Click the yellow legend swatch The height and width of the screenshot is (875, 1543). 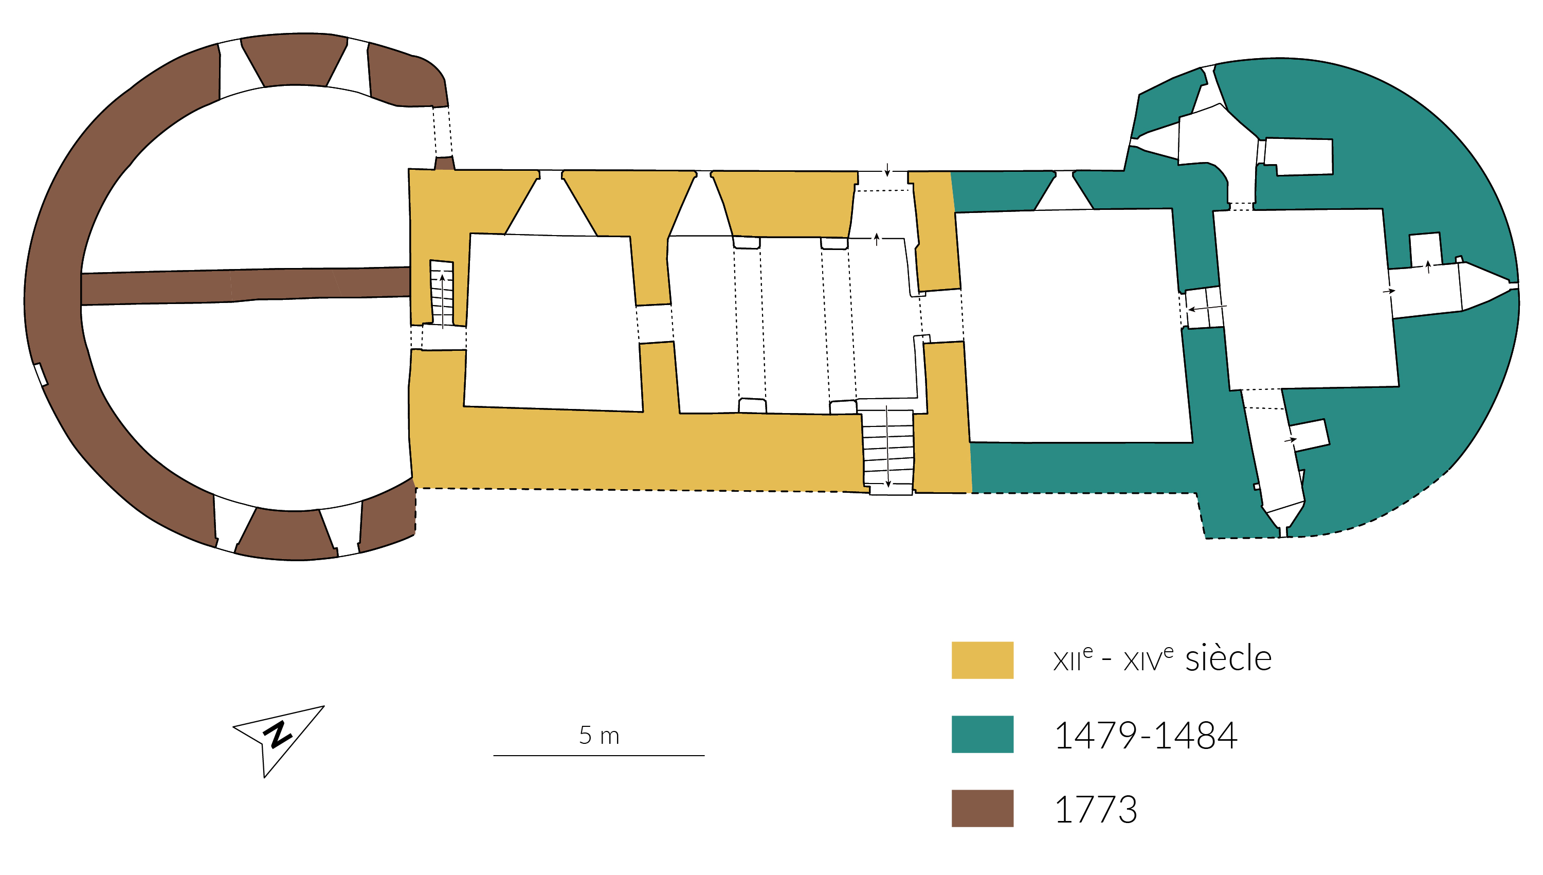982,660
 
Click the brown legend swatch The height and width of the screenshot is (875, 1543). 982,808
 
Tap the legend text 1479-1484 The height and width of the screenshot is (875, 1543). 1146,735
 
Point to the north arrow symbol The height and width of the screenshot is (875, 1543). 278,741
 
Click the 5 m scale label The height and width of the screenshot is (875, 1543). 599,735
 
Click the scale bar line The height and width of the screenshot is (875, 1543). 599,756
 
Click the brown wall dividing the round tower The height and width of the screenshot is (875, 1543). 245,286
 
